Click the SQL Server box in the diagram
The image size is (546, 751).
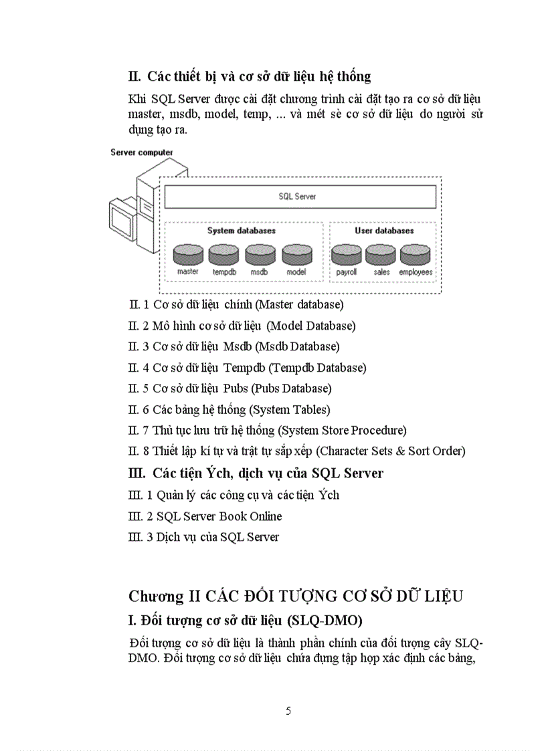pyautogui.click(x=300, y=197)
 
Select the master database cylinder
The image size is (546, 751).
pyautogui.click(x=188, y=255)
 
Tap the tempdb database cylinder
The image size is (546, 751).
pyautogui.click(x=223, y=255)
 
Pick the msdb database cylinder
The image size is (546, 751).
pyautogui.click(x=260, y=255)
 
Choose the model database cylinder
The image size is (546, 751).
pyautogui.click(x=296, y=255)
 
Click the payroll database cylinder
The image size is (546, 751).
pyautogui.click(x=347, y=255)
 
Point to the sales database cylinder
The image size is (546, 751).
pyautogui.click(x=381, y=255)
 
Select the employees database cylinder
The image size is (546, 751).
pyautogui.click(x=416, y=255)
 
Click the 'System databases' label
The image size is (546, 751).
pyautogui.click(x=241, y=231)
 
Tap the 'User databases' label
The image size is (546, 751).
pyautogui.click(x=384, y=231)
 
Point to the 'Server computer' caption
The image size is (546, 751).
pyautogui.click(x=142, y=152)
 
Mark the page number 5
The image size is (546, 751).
pyautogui.click(x=288, y=711)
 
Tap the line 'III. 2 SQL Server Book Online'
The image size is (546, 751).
pyautogui.click(x=205, y=516)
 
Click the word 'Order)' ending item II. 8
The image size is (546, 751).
pyautogui.click(x=448, y=451)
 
